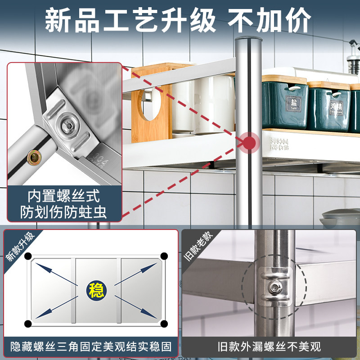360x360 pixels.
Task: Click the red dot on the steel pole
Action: pyautogui.click(x=248, y=143)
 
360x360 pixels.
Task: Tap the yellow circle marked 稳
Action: pyautogui.click(x=96, y=288)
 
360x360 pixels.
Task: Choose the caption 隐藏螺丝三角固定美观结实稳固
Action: pyautogui.click(x=90, y=346)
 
